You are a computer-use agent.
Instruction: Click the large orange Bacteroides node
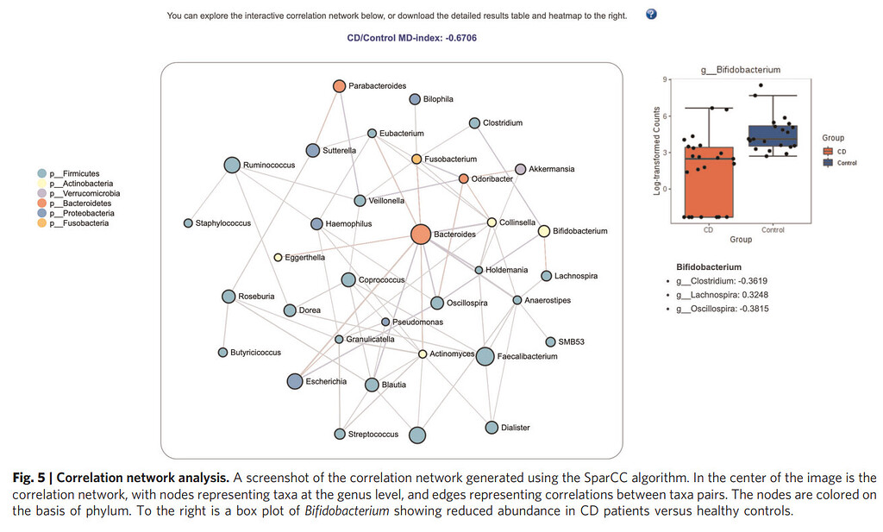[420, 235]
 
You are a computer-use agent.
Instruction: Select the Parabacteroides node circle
[339, 86]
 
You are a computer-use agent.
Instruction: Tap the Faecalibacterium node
[485, 356]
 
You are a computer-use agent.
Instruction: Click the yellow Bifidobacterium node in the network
[544, 231]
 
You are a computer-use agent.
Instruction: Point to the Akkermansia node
[520, 169]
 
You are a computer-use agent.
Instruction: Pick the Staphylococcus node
[188, 223]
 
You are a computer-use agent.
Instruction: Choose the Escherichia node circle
[295, 381]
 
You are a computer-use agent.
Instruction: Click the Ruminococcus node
[232, 165]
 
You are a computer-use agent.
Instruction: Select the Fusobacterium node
[416, 160]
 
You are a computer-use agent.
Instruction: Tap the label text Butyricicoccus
[256, 353]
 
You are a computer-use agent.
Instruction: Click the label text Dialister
[516, 428]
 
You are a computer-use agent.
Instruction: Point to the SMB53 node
[550, 342]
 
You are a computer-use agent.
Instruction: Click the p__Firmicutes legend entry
[74, 174]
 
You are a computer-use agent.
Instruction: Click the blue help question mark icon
[651, 15]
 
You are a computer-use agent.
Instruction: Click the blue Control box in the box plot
[773, 136]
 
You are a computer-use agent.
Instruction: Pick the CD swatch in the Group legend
[829, 151]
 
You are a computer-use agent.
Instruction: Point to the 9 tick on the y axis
[666, 79]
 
